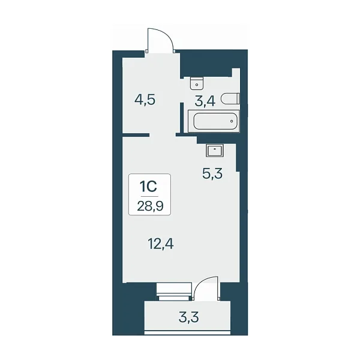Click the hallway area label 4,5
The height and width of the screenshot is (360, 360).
click(x=145, y=100)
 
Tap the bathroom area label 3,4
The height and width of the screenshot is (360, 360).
click(x=205, y=101)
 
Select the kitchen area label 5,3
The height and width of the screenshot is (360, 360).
click(x=212, y=173)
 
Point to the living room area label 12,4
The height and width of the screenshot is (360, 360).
click(x=161, y=244)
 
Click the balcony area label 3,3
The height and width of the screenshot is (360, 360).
click(x=189, y=317)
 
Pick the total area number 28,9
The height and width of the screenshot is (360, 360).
click(x=150, y=206)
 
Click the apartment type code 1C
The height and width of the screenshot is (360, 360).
click(x=149, y=187)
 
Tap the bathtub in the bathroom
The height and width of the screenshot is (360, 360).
click(x=214, y=121)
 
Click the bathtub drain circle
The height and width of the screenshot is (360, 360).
click(x=232, y=121)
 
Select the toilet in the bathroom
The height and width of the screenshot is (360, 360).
click(x=230, y=99)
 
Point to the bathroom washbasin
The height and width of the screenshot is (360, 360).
click(x=197, y=83)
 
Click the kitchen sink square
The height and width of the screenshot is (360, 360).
click(x=215, y=151)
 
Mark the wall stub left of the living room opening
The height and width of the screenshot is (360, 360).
click(x=136, y=135)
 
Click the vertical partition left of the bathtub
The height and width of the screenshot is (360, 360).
click(x=182, y=118)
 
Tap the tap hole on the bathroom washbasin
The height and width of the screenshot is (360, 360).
click(x=197, y=85)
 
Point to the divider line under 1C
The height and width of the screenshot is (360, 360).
click(x=149, y=197)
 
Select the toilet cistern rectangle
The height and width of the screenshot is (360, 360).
click(x=238, y=99)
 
